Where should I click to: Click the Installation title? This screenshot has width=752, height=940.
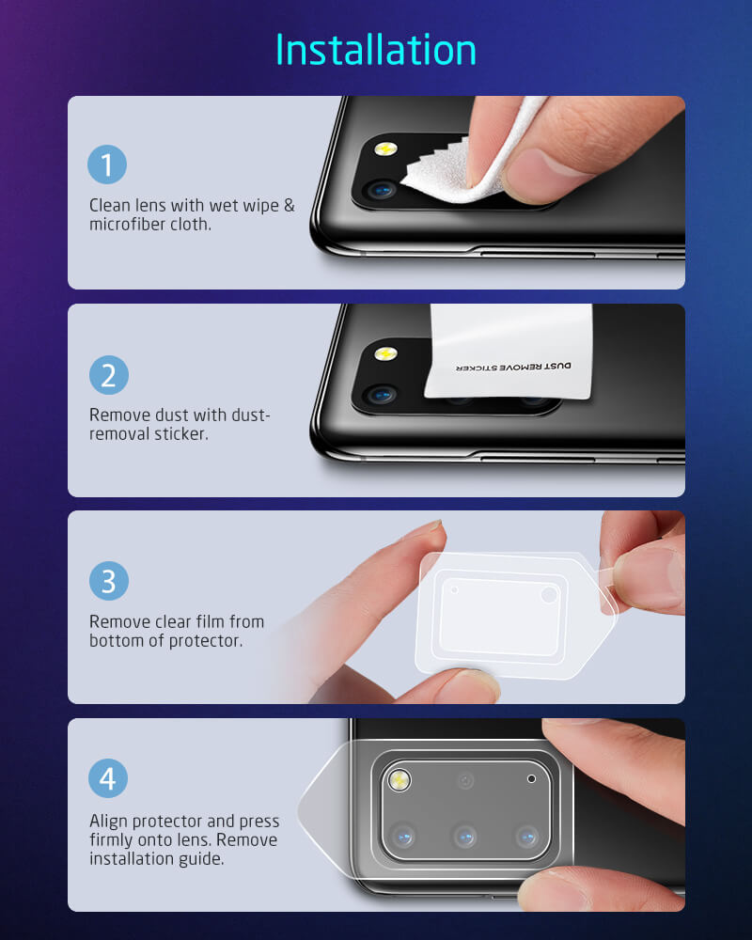376,49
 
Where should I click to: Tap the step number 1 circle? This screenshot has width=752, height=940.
108,165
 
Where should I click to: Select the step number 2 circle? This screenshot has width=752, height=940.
108,375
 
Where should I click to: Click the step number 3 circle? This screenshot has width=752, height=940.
108,581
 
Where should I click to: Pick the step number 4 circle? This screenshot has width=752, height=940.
108,779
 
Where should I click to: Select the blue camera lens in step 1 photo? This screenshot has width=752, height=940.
381,191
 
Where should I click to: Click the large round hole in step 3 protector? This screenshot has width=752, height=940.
549,595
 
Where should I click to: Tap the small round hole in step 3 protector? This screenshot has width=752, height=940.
455,589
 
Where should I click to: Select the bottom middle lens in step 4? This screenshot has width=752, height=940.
464,835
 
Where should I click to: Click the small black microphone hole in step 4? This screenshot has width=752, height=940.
532,779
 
